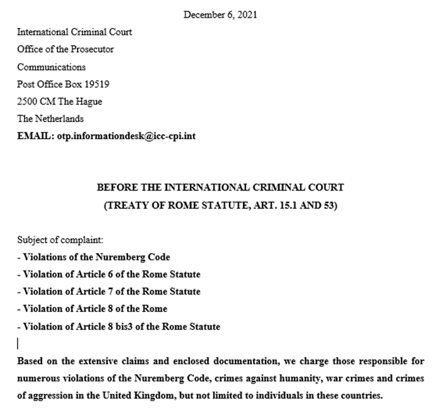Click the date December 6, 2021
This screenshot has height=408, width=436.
(220, 15)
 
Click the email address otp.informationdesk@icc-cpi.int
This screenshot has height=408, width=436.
(127, 136)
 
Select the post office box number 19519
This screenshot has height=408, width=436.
(96, 84)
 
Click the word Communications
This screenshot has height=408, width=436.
(51, 67)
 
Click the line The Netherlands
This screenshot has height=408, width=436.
(51, 118)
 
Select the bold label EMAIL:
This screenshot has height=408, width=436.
(36, 136)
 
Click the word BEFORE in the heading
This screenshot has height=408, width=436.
(115, 187)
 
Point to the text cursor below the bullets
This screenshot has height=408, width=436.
(19, 343)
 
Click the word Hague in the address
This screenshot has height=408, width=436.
(88, 101)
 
